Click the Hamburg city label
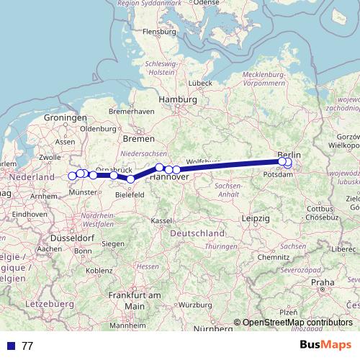click(x=179, y=99)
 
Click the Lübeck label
click(x=201, y=83)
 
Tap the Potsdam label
click(x=277, y=174)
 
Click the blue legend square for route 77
click(x=10, y=346)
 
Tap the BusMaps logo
click(x=326, y=346)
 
